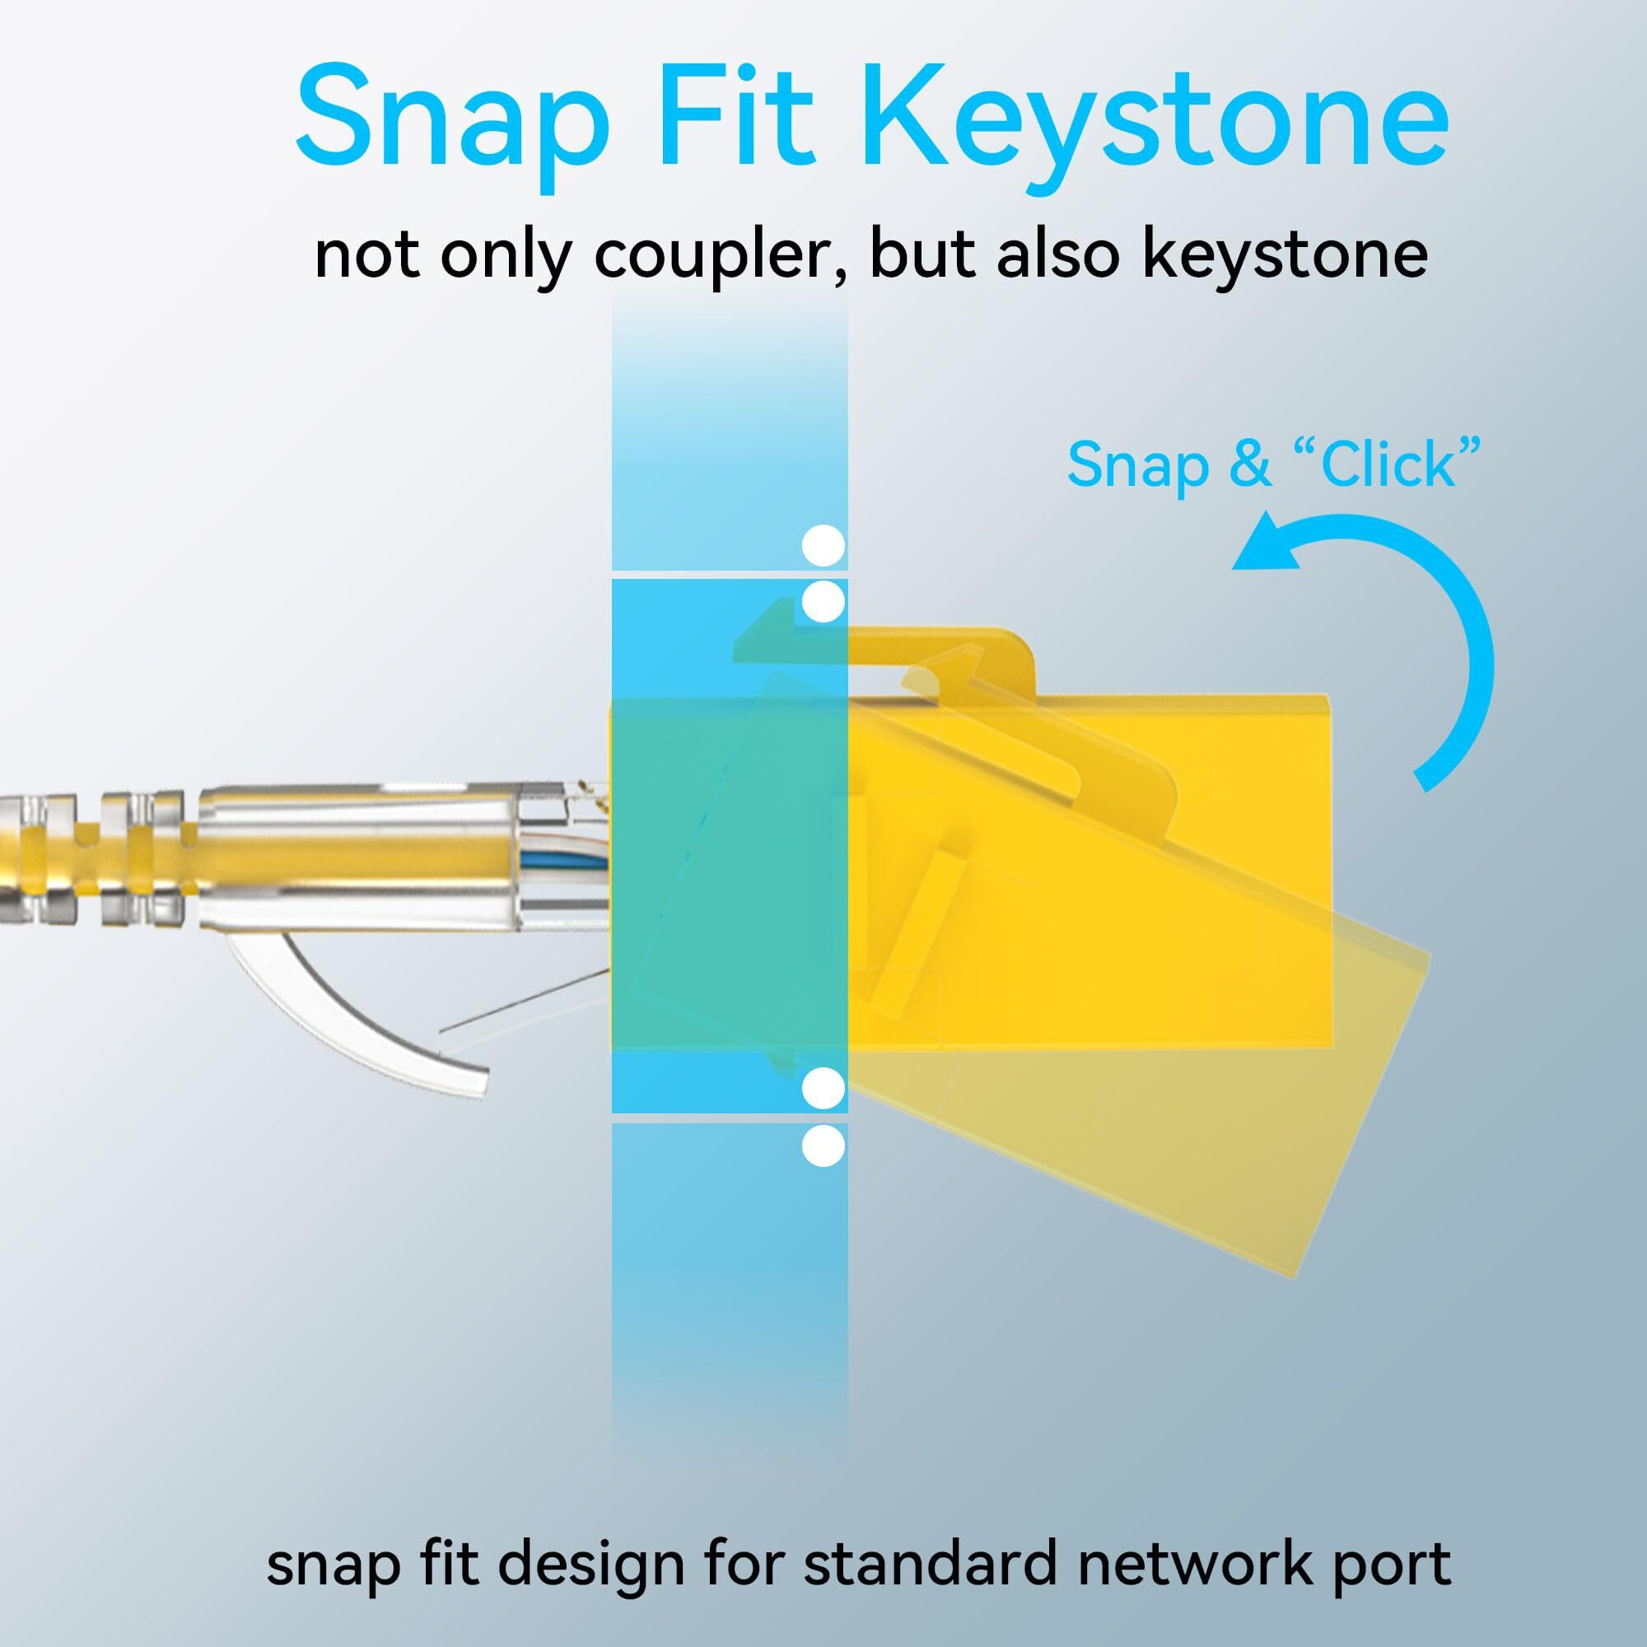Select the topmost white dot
pyautogui.click(x=823, y=544)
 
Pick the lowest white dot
pyautogui.click(x=823, y=1145)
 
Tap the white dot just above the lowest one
pyautogui.click(x=823, y=1089)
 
